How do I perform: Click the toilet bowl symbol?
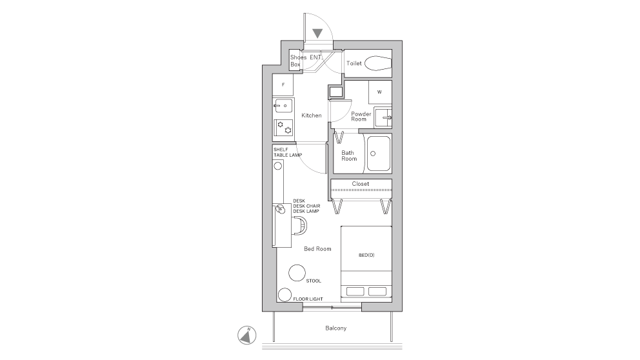[377, 63]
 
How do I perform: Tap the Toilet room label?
[354, 63]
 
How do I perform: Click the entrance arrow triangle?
[317, 34]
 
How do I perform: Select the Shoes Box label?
[297, 61]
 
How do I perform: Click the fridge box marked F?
[283, 85]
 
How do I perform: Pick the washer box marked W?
[379, 92]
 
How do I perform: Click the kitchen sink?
[283, 105]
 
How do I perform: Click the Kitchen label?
[311, 115]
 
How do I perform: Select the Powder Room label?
[361, 116]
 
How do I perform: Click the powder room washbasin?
[383, 117]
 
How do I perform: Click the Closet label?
[361, 184]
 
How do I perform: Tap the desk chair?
[300, 225]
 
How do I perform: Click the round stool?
[297, 272]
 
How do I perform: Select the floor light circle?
[284, 295]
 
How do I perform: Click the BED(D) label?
[366, 255]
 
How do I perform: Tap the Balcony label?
[335, 328]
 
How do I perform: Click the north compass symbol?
[246, 335]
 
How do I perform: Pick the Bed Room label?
[317, 248]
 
